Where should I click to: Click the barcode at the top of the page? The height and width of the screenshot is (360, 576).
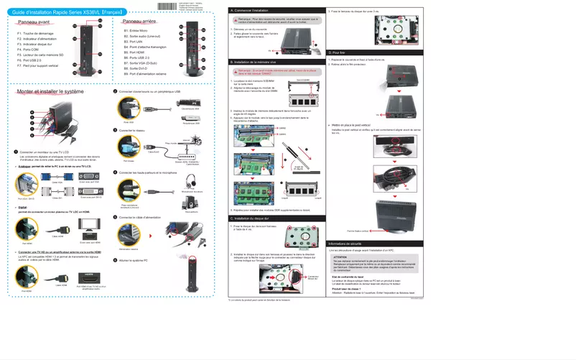click(x=167, y=6)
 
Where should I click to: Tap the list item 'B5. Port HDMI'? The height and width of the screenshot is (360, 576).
click(x=136, y=52)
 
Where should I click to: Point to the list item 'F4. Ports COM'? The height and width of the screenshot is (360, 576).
click(x=29, y=50)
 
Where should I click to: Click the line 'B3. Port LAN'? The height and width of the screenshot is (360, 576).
click(x=134, y=42)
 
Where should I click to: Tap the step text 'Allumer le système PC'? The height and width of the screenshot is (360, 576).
click(x=134, y=260)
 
